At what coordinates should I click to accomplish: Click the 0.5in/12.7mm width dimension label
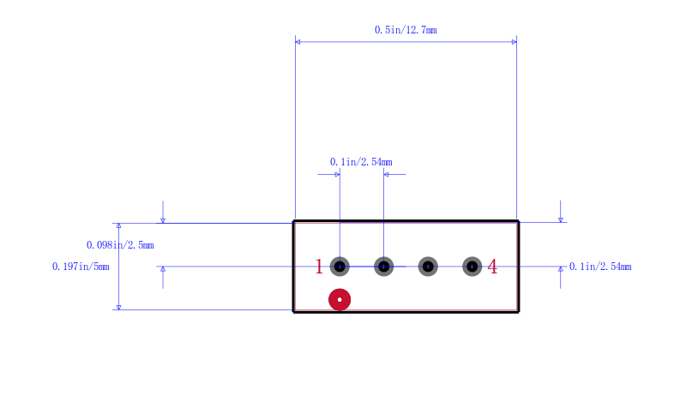pyautogui.click(x=406, y=30)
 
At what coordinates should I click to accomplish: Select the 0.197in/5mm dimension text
pyautogui.click(x=81, y=267)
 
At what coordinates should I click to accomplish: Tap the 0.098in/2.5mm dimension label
pyautogui.click(x=120, y=245)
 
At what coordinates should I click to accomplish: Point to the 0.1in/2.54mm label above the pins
pyautogui.click(x=361, y=162)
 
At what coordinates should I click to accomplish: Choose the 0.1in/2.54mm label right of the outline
pyautogui.click(x=600, y=267)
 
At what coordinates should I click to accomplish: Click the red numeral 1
pyautogui.click(x=319, y=267)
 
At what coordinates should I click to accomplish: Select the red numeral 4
pyautogui.click(x=492, y=267)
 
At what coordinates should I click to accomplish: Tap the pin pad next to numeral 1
pyautogui.click(x=340, y=267)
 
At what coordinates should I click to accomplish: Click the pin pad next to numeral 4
pyautogui.click(x=472, y=267)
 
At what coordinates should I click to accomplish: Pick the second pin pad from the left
pyautogui.click(x=383, y=267)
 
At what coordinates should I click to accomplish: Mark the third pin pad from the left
pyautogui.click(x=428, y=267)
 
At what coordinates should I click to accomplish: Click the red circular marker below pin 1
pyautogui.click(x=340, y=300)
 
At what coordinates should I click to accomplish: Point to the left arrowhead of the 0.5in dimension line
pyautogui.click(x=298, y=42)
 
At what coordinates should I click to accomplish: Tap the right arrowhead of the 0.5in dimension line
pyautogui.click(x=514, y=42)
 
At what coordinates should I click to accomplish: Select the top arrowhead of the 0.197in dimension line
pyautogui.click(x=118, y=225)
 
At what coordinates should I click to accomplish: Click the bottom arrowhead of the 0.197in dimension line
pyautogui.click(x=118, y=307)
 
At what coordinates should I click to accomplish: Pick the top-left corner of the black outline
pyautogui.click(x=293, y=221)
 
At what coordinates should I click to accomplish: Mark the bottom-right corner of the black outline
pyautogui.click(x=519, y=312)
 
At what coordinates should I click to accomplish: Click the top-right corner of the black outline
pyautogui.click(x=519, y=221)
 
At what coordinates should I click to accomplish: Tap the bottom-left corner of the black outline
pyautogui.click(x=293, y=312)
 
